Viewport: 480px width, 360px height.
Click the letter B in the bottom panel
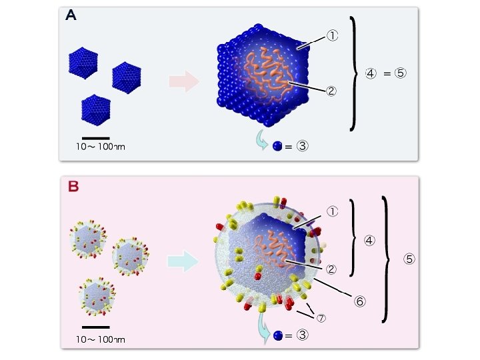tap(73, 186)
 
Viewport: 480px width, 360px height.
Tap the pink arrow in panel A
tap(183, 83)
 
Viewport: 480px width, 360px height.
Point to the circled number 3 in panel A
tap(302, 146)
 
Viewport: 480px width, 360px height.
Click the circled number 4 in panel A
tap(371, 73)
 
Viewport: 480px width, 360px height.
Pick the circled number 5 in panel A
tap(400, 73)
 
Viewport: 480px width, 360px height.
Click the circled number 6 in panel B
tap(359, 301)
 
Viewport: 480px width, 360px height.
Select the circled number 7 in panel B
tap(321, 318)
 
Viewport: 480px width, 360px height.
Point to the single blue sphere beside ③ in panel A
tap(277, 146)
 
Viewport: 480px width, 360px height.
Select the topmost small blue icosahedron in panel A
tap(83, 62)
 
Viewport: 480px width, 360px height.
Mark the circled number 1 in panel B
tap(331, 212)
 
